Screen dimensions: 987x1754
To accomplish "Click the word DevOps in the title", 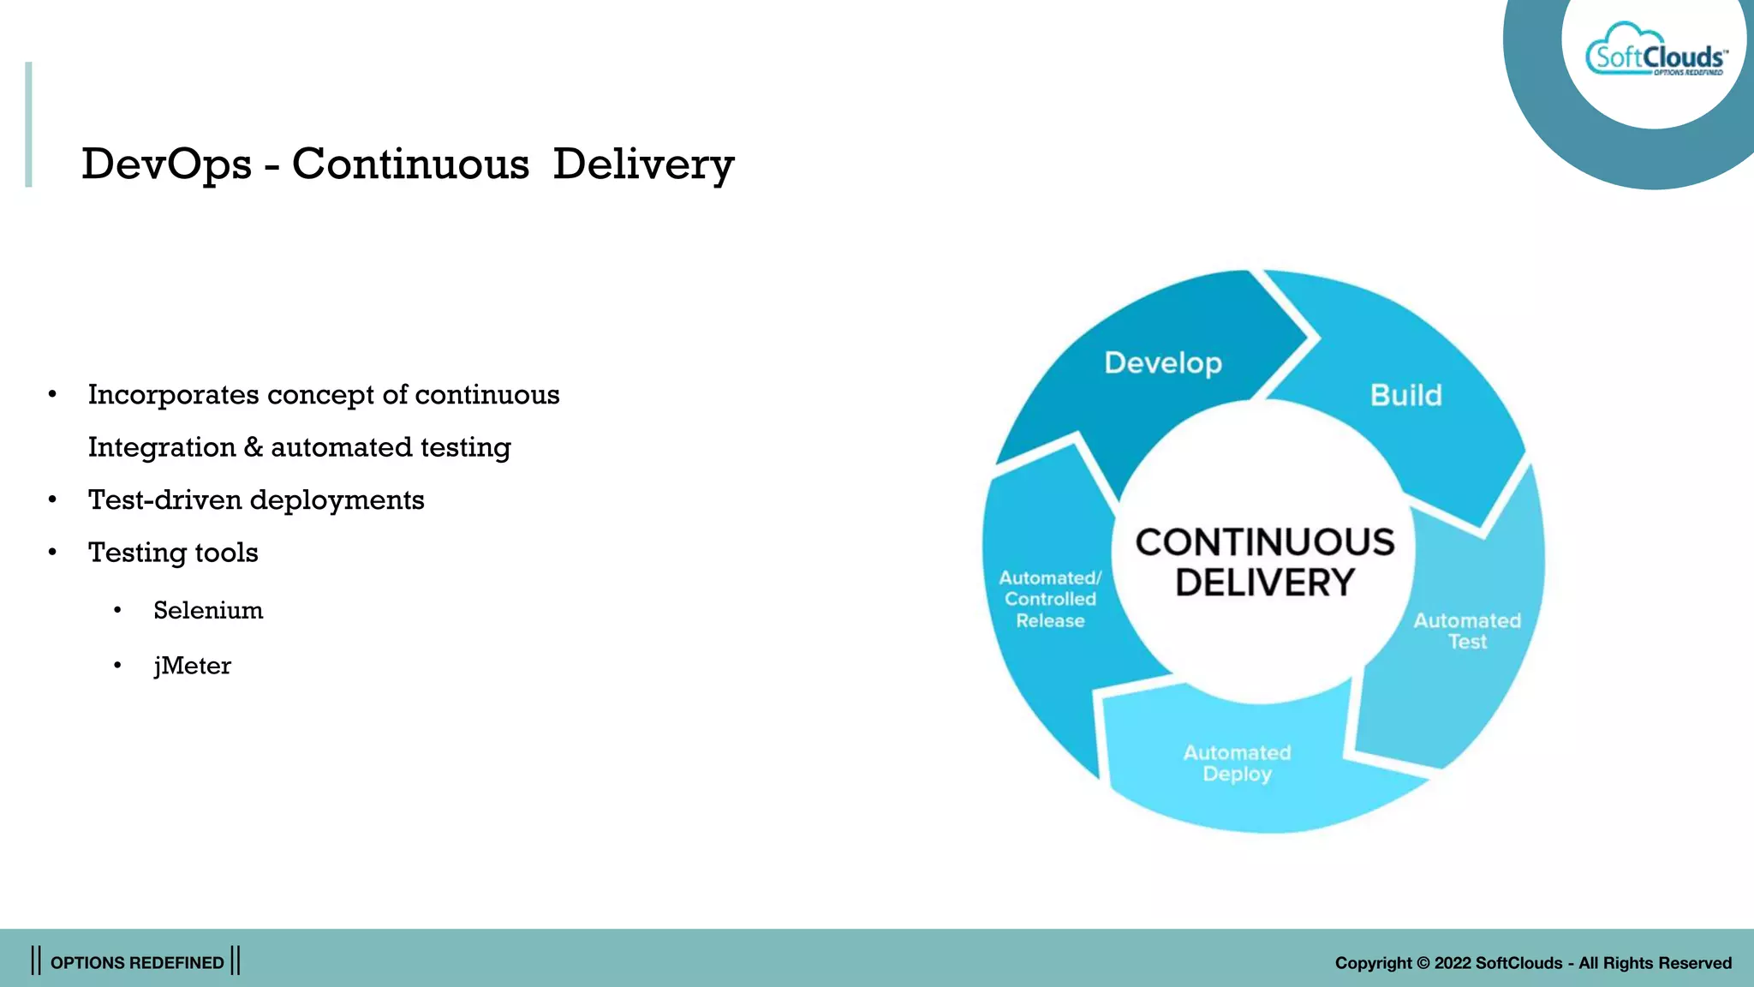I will (x=166, y=164).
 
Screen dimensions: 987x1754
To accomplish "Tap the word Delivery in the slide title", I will (x=643, y=164).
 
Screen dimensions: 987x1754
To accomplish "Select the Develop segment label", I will (x=1162, y=363).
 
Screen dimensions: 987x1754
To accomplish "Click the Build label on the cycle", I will (x=1405, y=396).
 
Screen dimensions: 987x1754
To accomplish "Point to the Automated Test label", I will (x=1466, y=631).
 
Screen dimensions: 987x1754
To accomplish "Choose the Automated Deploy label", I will (x=1237, y=763).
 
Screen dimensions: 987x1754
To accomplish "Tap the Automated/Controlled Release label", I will (x=1050, y=599).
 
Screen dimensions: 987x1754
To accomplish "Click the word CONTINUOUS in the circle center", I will (x=1264, y=542).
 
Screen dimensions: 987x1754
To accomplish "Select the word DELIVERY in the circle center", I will (x=1264, y=583).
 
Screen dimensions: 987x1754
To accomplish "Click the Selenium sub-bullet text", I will (x=208, y=611).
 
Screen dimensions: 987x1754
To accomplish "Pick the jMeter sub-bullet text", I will (x=192, y=666).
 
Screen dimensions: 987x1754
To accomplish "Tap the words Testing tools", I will (x=173, y=553).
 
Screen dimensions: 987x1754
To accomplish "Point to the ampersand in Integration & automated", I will (x=253, y=447).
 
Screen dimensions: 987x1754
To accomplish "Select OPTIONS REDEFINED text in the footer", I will (x=137, y=963).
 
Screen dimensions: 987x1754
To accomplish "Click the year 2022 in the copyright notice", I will (x=1453, y=963).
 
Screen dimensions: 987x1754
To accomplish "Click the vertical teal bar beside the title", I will (x=28, y=124).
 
